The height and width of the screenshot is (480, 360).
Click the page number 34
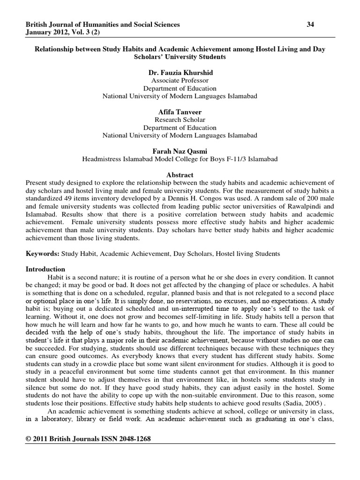(310, 24)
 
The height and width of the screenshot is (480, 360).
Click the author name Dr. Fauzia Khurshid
(180, 72)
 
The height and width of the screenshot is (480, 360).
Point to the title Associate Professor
(180, 80)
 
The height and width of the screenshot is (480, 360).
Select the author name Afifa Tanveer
(180, 112)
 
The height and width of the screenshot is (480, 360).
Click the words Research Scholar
(180, 120)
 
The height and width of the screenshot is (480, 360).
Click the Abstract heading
(180, 175)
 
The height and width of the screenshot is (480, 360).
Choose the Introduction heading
(45, 270)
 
